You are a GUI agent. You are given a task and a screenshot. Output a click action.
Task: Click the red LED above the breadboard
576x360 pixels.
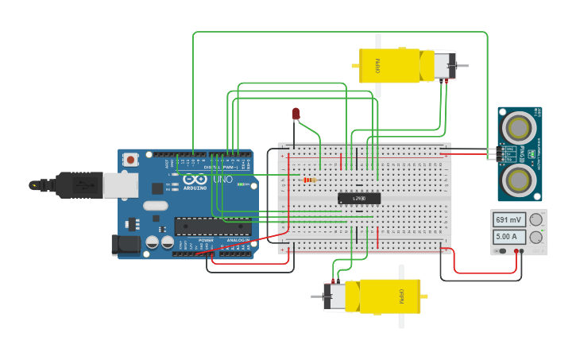[x=296, y=114]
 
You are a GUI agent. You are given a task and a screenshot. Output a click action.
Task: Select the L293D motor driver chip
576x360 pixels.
[x=359, y=198]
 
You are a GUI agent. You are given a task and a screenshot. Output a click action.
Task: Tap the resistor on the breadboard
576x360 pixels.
[x=309, y=180]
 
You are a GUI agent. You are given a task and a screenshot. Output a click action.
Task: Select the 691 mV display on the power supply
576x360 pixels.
[x=508, y=219]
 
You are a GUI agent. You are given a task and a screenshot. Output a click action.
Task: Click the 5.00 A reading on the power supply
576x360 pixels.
[x=508, y=237]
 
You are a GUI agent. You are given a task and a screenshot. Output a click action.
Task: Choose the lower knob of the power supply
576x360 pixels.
[x=536, y=237]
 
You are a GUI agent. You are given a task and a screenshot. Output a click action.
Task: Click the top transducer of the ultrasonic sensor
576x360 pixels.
[x=520, y=126]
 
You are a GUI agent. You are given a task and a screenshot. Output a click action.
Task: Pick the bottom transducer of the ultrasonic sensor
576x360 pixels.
[x=520, y=176]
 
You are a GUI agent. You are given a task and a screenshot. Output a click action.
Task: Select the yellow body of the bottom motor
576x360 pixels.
[x=390, y=296]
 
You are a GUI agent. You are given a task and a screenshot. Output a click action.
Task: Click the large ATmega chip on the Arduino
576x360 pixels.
[x=212, y=226]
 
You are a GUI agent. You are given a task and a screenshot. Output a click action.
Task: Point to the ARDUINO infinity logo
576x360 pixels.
[x=195, y=181]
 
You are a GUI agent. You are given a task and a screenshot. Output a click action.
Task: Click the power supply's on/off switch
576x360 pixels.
[x=501, y=251]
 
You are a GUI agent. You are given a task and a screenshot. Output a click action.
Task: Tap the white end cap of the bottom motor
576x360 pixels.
[x=334, y=296]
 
